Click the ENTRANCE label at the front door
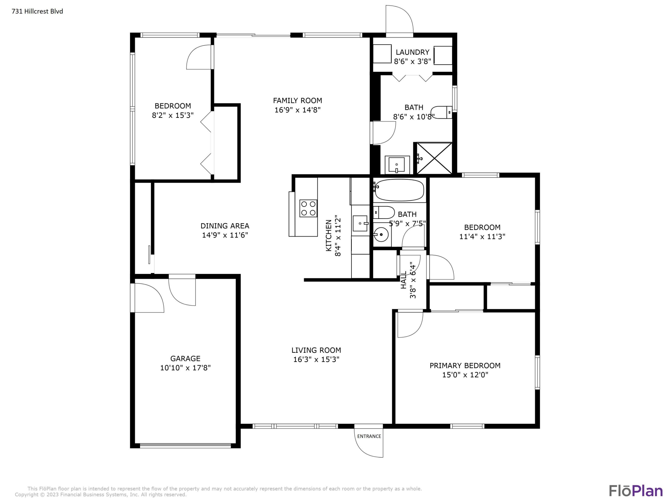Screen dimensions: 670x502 tap(369, 436)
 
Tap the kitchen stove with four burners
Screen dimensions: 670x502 tap(308, 208)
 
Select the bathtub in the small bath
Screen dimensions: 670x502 tap(399, 190)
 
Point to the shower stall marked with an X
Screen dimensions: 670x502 tap(434, 158)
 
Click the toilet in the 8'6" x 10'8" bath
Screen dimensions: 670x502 tap(442, 112)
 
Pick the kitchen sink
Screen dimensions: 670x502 tap(360, 223)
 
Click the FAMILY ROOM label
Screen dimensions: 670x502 tap(298, 100)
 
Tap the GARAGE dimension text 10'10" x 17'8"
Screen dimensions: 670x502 tap(185, 368)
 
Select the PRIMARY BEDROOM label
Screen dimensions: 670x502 tap(465, 366)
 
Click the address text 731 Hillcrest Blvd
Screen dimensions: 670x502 tap(37, 11)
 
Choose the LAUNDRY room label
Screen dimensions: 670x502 tap(412, 52)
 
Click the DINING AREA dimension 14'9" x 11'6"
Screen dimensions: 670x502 tap(225, 235)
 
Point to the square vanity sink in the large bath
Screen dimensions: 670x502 tap(397, 165)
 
